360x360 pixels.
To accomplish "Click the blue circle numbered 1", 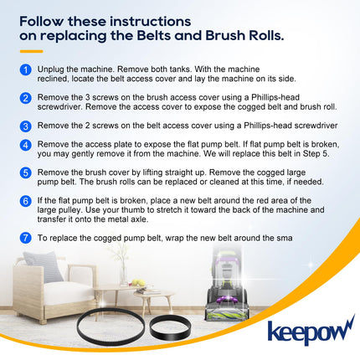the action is [x=25, y=69].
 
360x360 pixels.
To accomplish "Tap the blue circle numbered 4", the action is [x=25, y=145].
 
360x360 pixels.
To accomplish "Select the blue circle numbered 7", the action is [x=25, y=238].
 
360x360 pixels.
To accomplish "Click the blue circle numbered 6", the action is [x=25, y=201].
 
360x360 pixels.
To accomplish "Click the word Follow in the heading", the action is [x=42, y=21].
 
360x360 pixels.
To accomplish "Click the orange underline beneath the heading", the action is [x=31, y=51].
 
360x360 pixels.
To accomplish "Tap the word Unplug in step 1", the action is [x=49, y=69].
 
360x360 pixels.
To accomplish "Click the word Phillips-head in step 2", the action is [x=275, y=98].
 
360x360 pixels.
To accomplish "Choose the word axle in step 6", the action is [x=139, y=219].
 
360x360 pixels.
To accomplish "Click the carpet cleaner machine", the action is [x=226, y=283].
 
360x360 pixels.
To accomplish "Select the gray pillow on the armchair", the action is [x=44, y=265].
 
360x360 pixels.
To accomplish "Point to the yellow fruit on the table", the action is [x=138, y=282].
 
